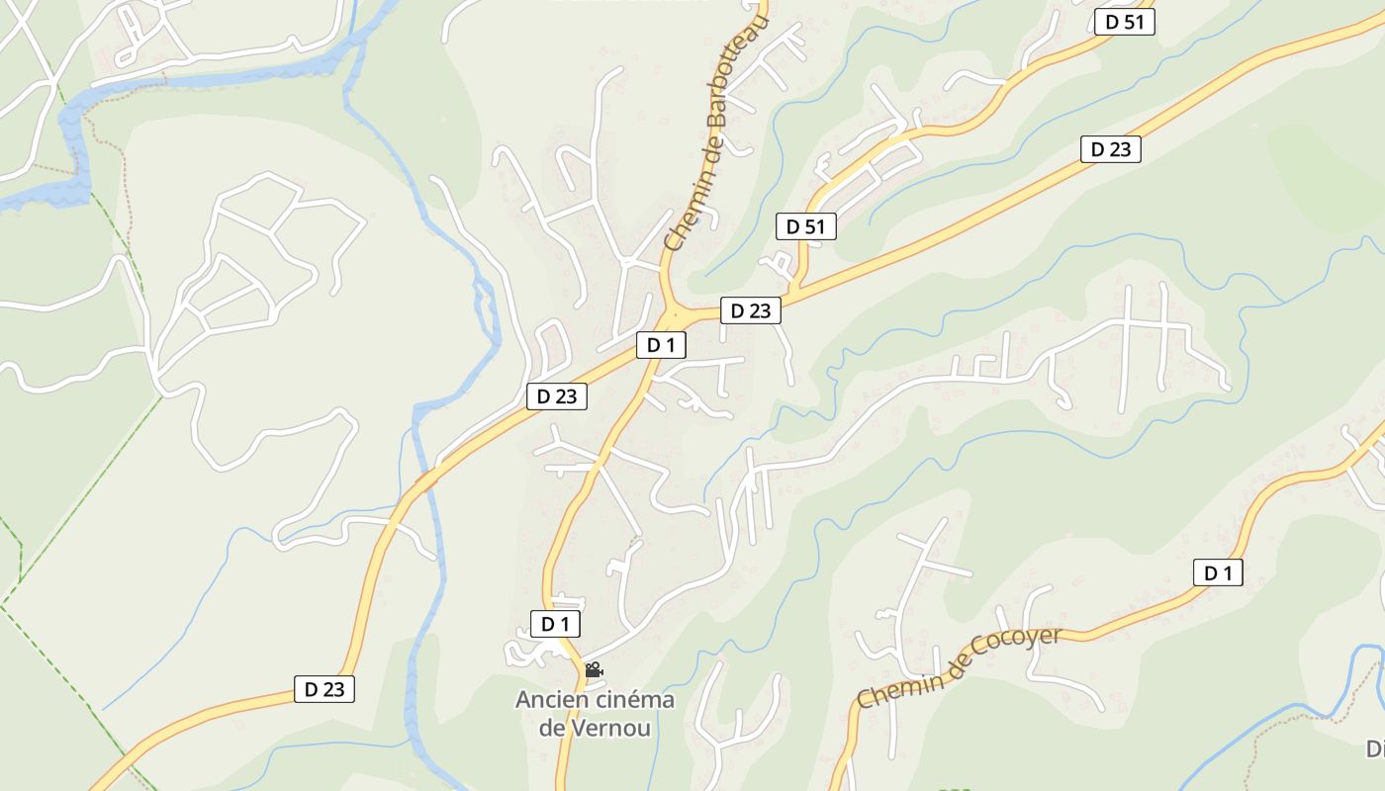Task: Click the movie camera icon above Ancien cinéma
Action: [594, 670]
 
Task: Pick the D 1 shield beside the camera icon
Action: [555, 624]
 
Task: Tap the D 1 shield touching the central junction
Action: [661, 345]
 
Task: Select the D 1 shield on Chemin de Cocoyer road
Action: [1217, 572]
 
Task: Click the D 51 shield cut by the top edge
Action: [1125, 22]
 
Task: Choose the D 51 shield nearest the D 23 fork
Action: [805, 226]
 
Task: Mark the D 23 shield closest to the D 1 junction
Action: [750, 310]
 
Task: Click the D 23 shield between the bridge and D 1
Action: [556, 396]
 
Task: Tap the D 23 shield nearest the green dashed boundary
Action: [323, 689]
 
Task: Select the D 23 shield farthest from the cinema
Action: [1110, 149]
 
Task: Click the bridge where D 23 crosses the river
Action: [427, 481]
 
